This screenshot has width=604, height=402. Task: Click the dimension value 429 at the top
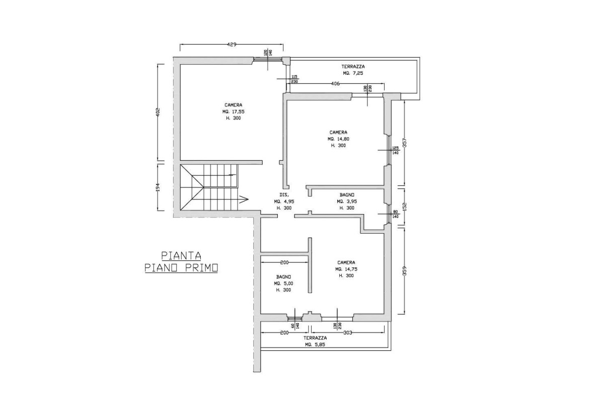[x=232, y=45]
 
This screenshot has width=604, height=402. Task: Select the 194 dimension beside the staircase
[x=158, y=187]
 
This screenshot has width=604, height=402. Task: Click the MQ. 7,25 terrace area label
[x=353, y=73]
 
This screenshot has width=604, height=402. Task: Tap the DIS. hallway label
[x=283, y=194]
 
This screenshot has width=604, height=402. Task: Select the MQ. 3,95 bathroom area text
[x=347, y=202]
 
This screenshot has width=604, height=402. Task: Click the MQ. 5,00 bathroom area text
[x=284, y=283]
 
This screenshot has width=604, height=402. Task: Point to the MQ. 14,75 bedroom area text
[x=346, y=269]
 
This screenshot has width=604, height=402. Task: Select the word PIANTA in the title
[x=172, y=255]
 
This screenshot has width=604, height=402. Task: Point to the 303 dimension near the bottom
[x=348, y=332]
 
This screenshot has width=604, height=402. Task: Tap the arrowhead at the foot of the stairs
[x=244, y=198]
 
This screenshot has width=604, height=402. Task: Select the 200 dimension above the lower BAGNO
[x=284, y=262]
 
